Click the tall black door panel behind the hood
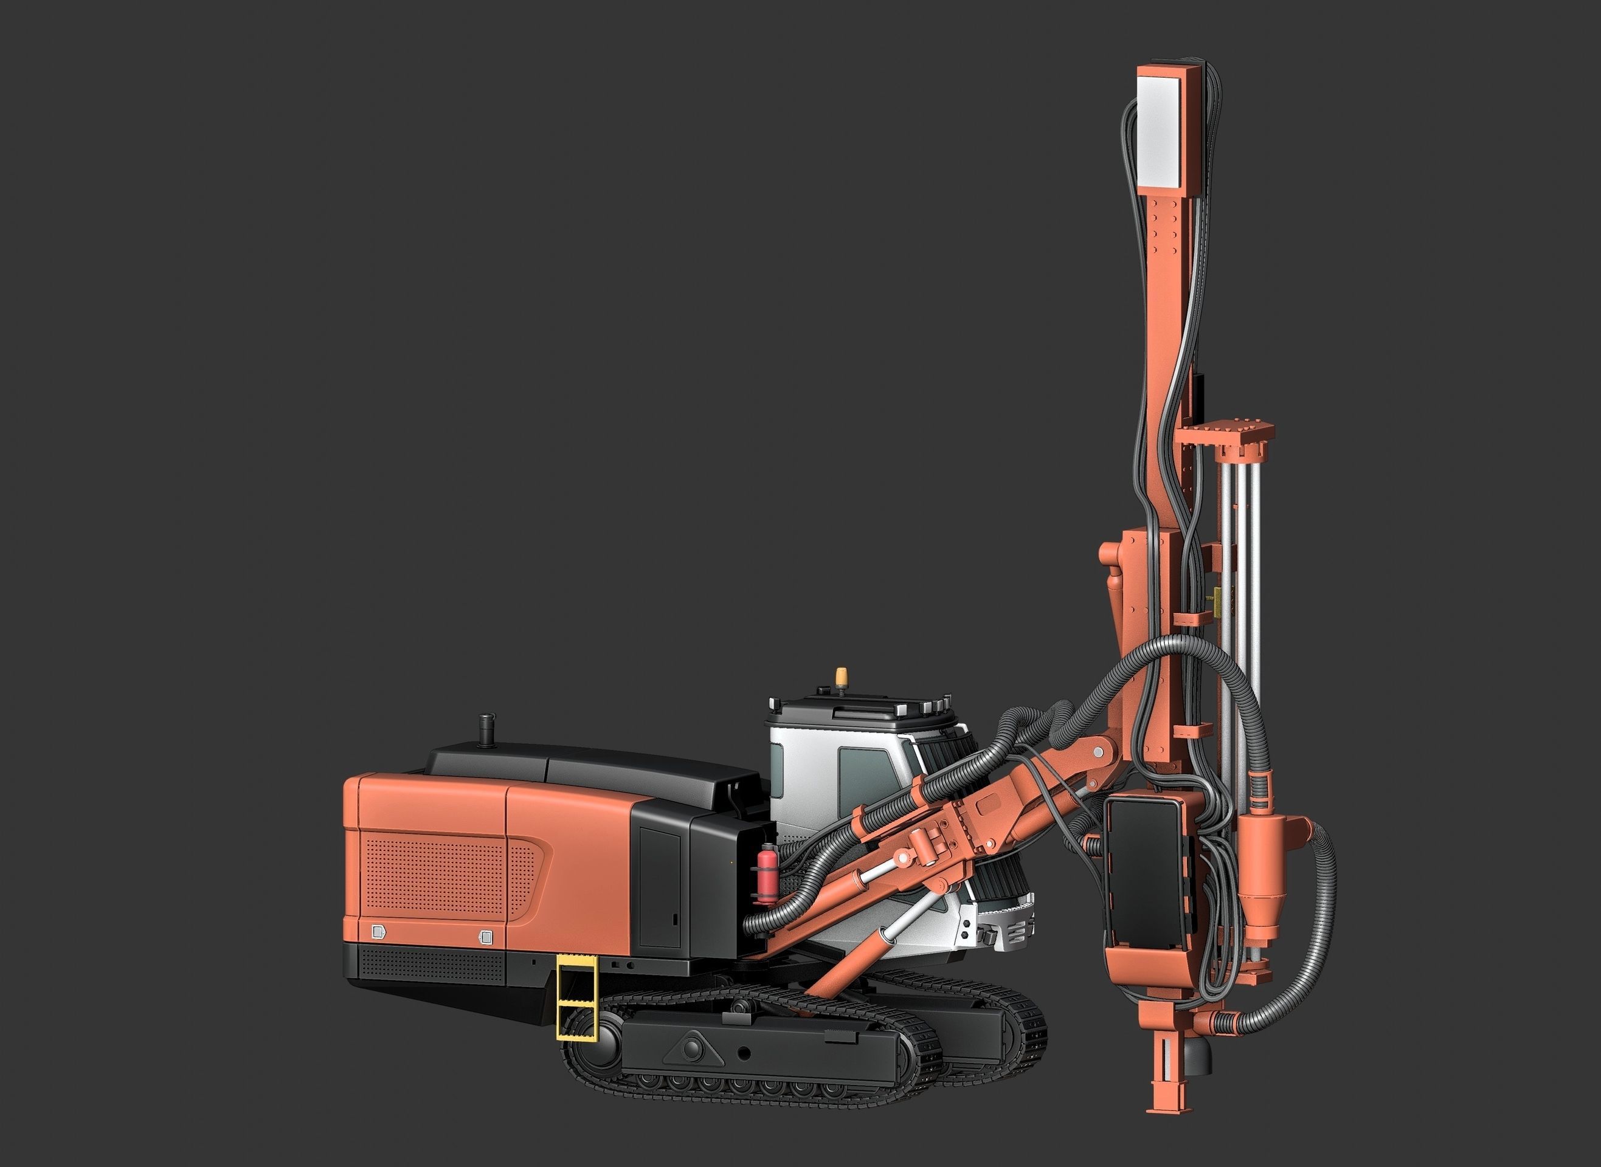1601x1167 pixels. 660,887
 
